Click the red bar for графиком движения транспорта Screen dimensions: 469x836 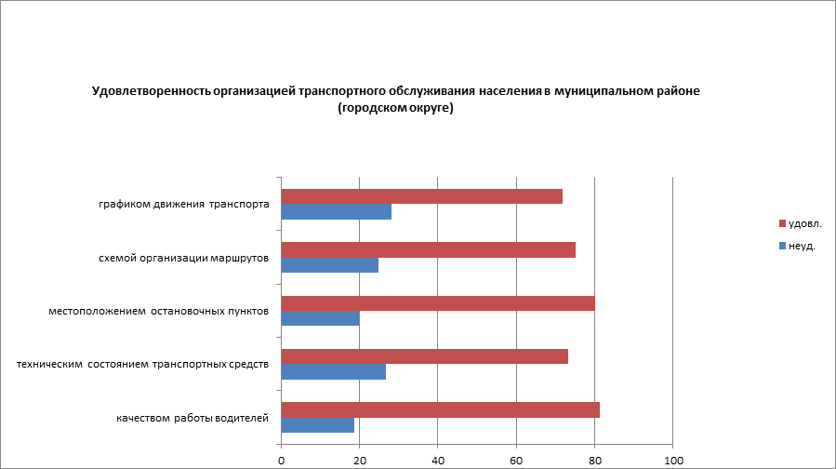421,196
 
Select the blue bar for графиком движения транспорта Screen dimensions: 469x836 336,212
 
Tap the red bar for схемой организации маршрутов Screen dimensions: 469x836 428,249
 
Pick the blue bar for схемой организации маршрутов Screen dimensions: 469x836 329,265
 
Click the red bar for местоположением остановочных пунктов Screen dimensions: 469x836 437,303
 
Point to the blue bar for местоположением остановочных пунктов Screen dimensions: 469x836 320,318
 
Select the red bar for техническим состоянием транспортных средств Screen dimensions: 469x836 424,356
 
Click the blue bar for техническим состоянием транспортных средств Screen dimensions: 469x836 333,372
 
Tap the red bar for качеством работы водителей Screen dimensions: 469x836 440,409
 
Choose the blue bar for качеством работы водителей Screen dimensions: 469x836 317,425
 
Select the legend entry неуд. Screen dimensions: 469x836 801,247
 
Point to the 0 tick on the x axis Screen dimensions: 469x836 281,460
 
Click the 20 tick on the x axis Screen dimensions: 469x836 359,460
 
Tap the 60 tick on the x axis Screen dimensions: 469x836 516,460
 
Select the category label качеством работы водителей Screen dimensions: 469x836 192,418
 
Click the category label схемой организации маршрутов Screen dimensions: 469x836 184,258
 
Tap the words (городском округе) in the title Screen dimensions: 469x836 395,108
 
